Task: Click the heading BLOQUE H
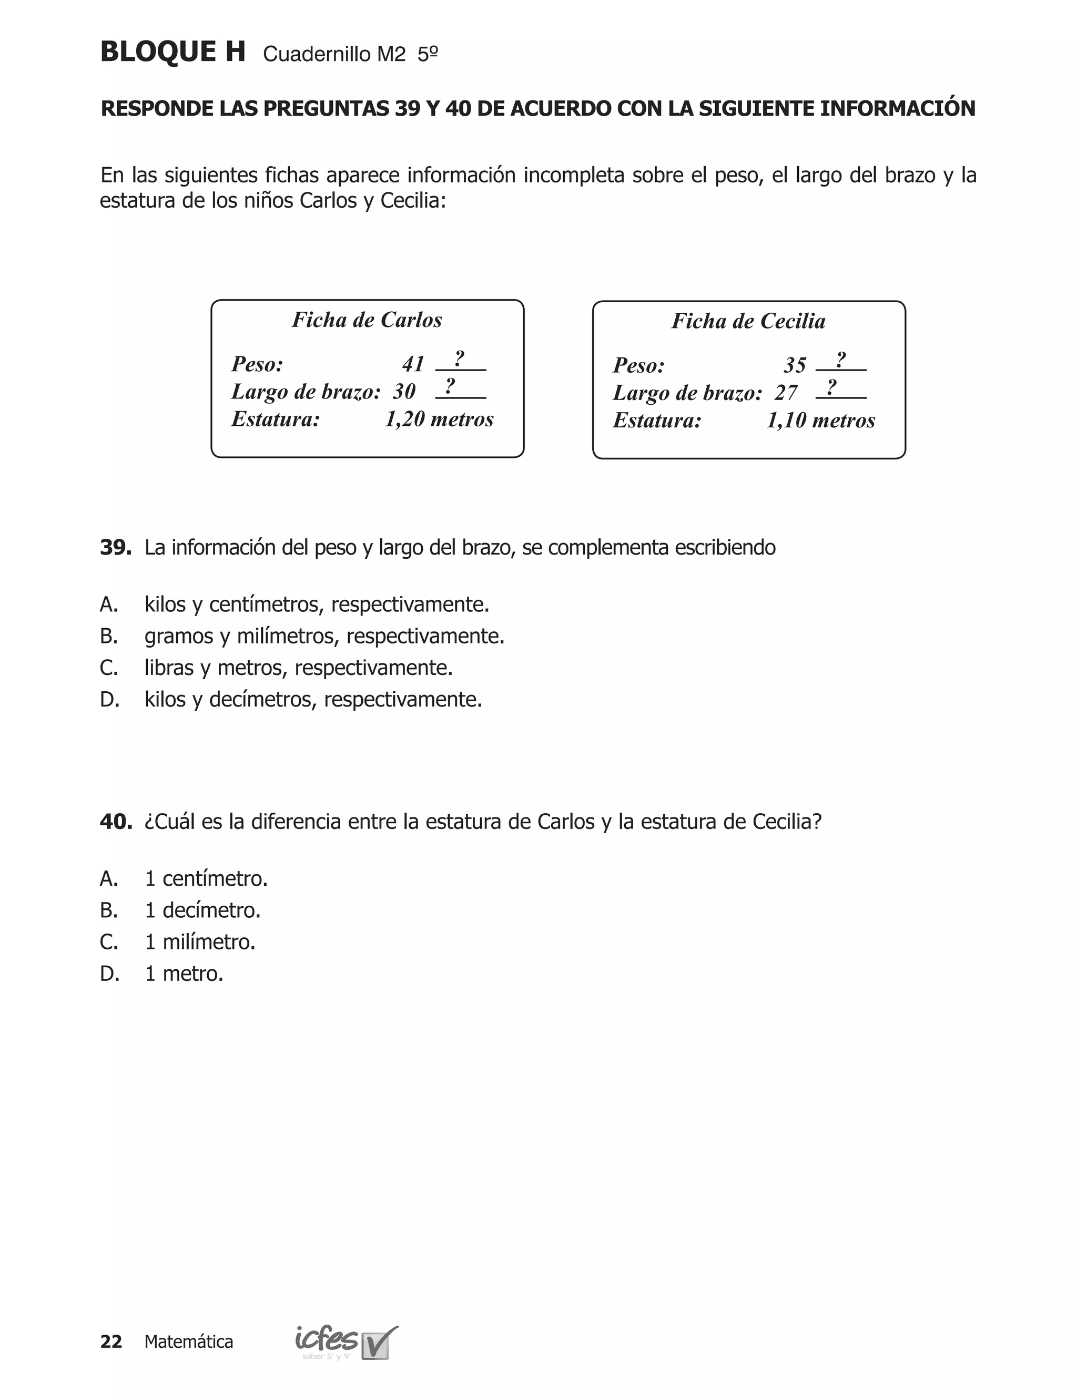pos(172,52)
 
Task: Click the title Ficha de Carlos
pos(367,320)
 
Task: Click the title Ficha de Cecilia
pos(748,321)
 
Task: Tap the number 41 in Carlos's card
pos(413,364)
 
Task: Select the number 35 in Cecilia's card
pos(795,365)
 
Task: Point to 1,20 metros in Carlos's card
pos(439,419)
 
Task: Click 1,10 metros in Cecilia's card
pos(820,421)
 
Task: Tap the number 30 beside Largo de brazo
pos(404,392)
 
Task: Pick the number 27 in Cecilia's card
pos(786,393)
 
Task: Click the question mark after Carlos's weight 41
pos(459,359)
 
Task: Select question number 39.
pos(116,547)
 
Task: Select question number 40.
pos(116,822)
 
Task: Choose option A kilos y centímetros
pos(317,604)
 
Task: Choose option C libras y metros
pos(298,668)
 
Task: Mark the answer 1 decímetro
pos(202,910)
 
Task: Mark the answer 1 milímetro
pos(200,942)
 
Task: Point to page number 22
pos(111,1342)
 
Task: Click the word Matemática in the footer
pos(189,1342)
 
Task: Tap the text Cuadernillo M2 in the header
pos(334,55)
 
